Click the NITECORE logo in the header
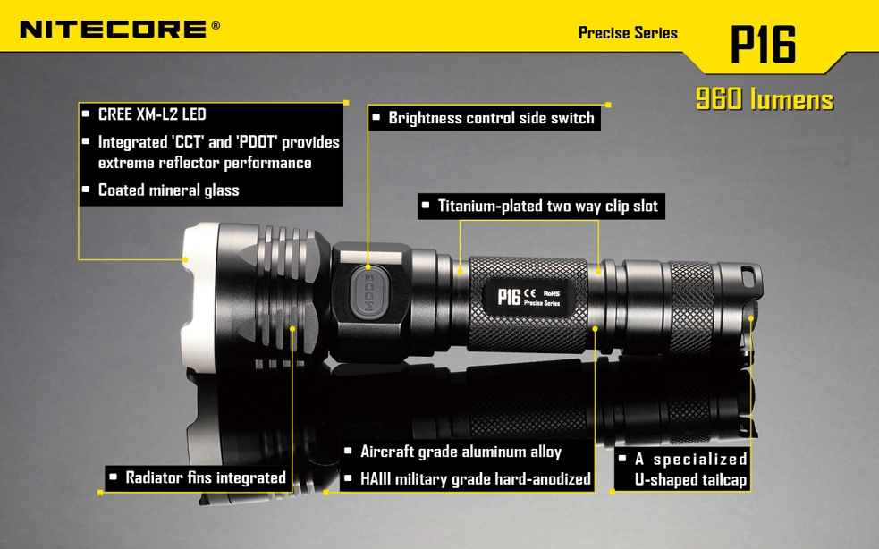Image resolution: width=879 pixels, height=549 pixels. tap(114, 29)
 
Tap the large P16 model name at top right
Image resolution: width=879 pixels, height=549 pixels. tap(763, 44)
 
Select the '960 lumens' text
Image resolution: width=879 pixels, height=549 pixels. tap(764, 99)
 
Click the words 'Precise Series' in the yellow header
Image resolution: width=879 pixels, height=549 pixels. tap(628, 33)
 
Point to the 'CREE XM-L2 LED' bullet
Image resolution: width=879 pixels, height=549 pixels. tap(151, 114)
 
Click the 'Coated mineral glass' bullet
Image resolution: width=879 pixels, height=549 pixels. tap(168, 190)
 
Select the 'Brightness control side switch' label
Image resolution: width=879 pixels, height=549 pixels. tap(490, 118)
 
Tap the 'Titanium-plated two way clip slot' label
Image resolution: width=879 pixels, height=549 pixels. tap(547, 207)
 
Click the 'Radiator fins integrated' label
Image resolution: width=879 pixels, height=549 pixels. tap(205, 477)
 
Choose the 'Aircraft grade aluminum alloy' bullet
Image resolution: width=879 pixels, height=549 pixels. tap(460, 452)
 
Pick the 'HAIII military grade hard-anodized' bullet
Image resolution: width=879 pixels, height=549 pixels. tap(475, 479)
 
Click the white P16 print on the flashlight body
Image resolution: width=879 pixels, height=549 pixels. tap(509, 296)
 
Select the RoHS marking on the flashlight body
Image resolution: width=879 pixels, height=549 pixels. tap(553, 291)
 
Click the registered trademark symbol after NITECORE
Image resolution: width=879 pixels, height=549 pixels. tap(216, 26)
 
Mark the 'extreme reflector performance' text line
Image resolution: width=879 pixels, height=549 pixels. tap(205, 163)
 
